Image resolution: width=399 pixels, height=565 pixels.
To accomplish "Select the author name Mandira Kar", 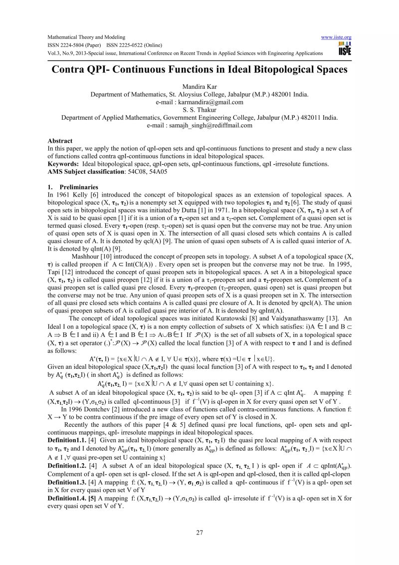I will [x=199, y=86].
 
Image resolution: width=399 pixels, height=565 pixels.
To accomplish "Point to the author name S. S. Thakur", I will [x=199, y=110].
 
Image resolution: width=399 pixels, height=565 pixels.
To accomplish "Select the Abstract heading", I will [x=60, y=141].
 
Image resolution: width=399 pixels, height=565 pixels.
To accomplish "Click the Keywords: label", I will [x=63, y=163].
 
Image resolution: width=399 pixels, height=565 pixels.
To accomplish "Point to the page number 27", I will [x=199, y=533].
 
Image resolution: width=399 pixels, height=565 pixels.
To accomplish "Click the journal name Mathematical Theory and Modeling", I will [x=86, y=37].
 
